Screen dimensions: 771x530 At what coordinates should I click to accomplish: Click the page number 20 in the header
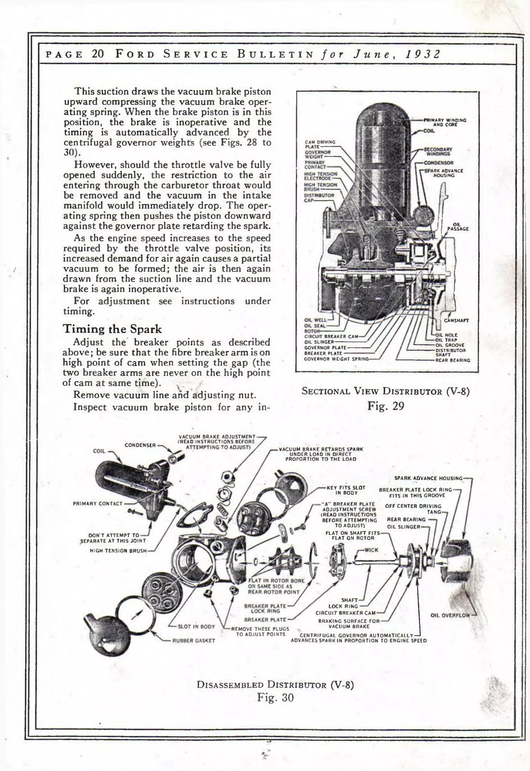98,54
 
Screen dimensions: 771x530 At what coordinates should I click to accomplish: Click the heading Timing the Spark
112,329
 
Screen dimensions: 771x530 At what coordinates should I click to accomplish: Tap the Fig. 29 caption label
386,406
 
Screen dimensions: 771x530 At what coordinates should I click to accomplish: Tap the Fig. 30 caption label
275,697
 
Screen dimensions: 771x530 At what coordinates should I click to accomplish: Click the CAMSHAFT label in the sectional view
456,321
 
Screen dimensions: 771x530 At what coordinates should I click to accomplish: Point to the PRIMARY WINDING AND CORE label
445,122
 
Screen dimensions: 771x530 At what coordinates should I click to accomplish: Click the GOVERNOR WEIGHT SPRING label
336,359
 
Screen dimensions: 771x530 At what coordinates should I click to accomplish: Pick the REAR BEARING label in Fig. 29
453,360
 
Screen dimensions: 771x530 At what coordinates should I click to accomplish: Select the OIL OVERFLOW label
450,615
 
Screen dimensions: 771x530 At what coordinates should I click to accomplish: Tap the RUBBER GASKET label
194,641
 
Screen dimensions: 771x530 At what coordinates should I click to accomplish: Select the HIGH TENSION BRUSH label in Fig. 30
118,551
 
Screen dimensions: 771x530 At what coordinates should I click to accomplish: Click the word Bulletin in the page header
275,54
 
